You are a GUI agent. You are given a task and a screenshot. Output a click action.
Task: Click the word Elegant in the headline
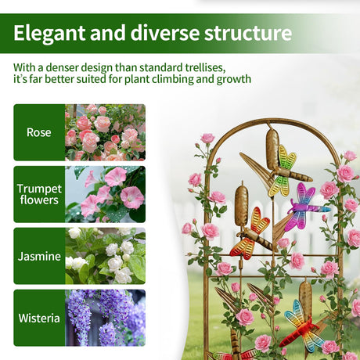click(x=49, y=33)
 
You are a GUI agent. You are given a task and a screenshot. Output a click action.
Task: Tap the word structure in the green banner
click(x=248, y=33)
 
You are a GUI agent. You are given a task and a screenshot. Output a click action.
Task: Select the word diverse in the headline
click(x=165, y=33)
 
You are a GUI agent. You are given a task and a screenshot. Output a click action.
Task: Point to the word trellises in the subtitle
click(x=205, y=67)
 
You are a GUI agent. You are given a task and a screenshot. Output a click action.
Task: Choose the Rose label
click(x=39, y=132)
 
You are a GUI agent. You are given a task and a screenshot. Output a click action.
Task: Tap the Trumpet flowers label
click(x=39, y=194)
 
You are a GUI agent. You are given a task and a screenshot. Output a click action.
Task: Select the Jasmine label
click(x=39, y=256)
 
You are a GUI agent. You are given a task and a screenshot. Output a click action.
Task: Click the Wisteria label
click(x=39, y=318)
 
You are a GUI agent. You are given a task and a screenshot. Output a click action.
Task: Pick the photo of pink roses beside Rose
click(x=105, y=132)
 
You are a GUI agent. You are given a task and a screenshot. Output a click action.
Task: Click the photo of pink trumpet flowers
click(x=105, y=194)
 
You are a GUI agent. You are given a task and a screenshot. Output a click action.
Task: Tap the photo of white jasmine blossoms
click(x=105, y=256)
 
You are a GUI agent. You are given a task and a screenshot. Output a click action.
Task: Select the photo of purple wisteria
click(x=105, y=318)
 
